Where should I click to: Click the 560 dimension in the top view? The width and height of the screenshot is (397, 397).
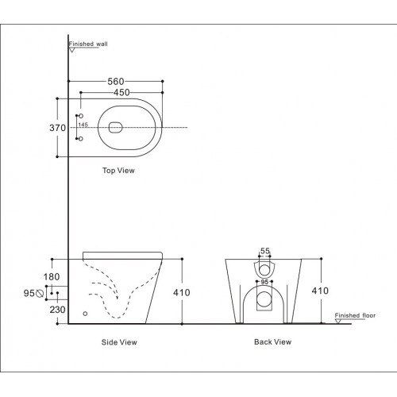pyautogui.click(x=116, y=80)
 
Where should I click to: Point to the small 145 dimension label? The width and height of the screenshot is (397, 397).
pyautogui.click(x=83, y=125)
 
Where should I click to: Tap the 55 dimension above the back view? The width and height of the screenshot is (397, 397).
pyautogui.click(x=265, y=251)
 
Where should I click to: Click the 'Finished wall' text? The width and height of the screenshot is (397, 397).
pyautogui.click(x=87, y=44)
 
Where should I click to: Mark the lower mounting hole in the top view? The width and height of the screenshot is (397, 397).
pyautogui.click(x=80, y=138)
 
